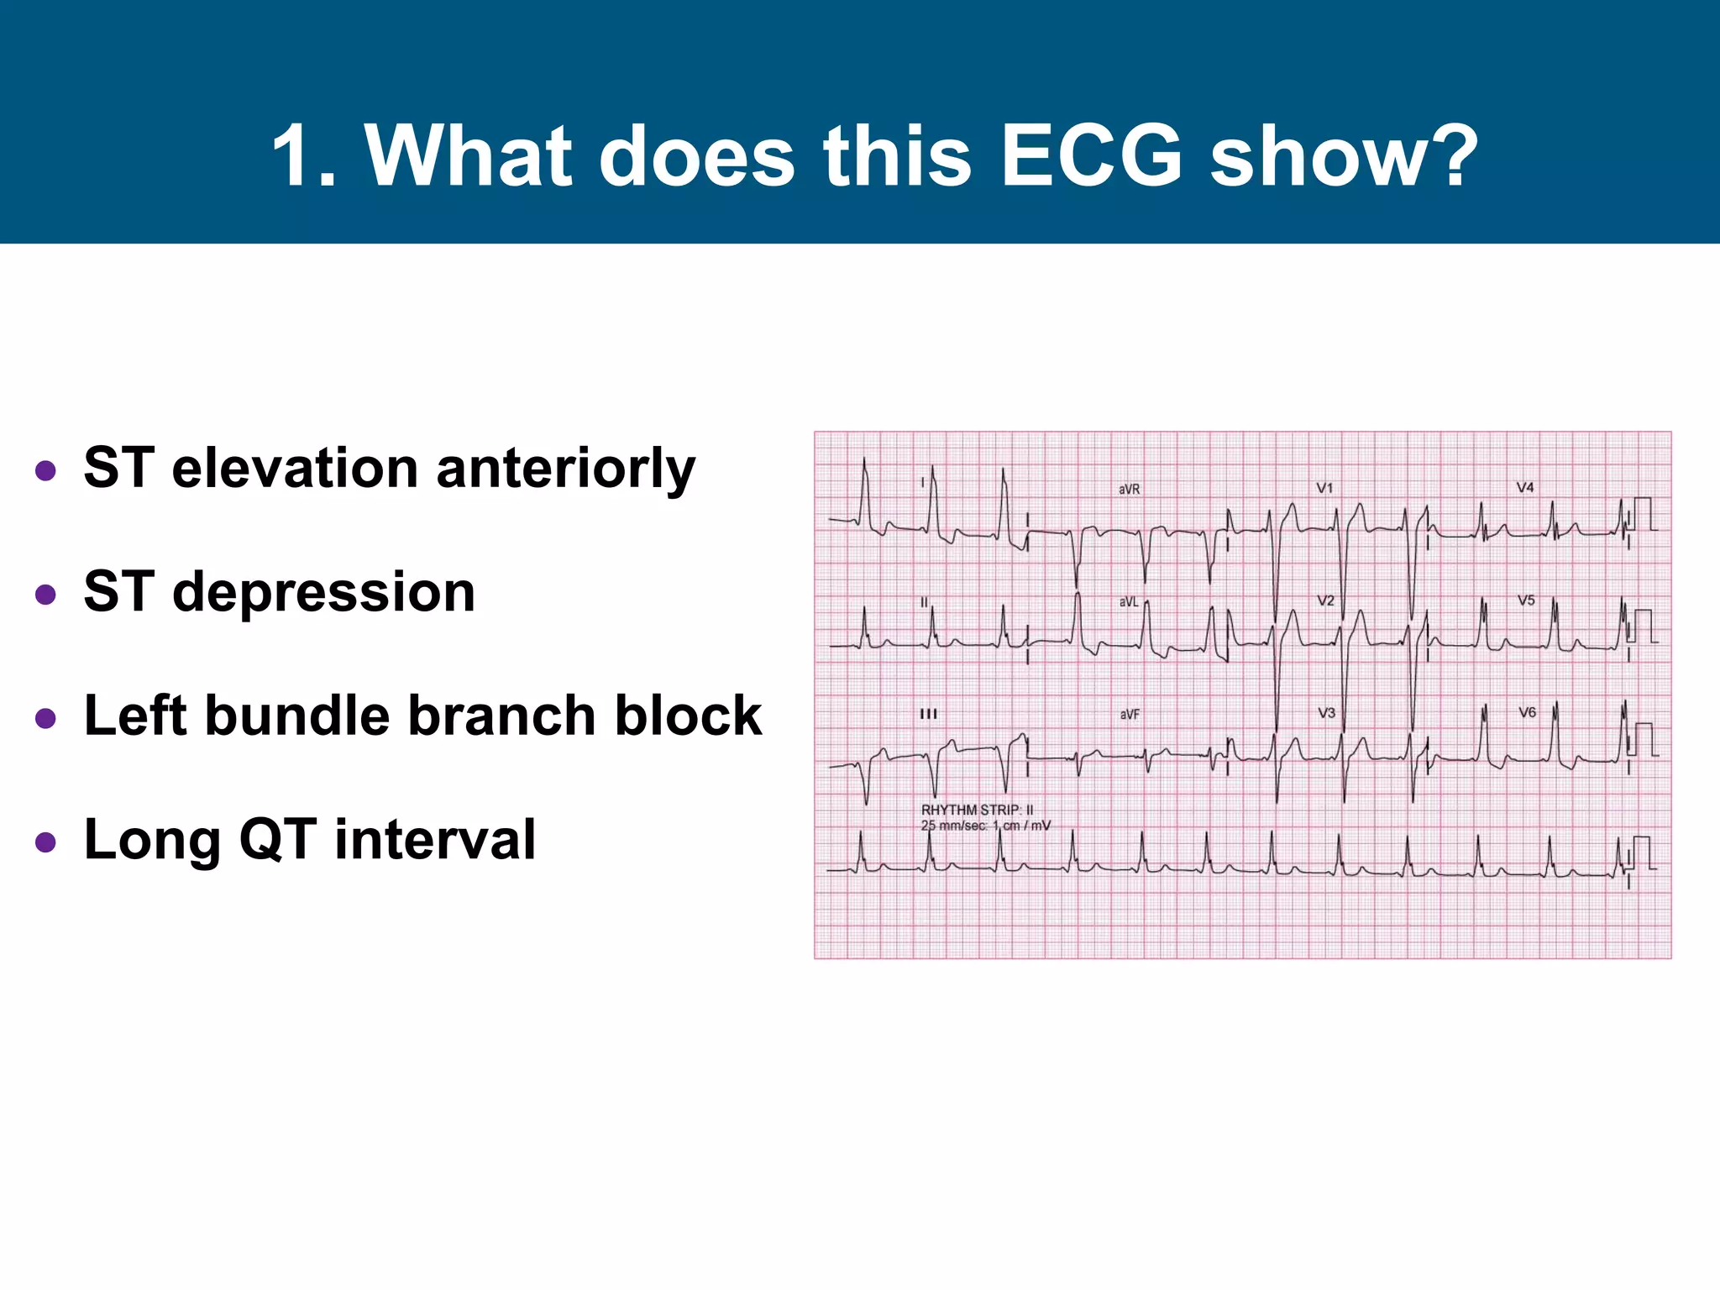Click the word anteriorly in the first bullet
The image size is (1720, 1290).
tap(565, 469)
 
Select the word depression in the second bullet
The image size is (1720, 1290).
tap(323, 592)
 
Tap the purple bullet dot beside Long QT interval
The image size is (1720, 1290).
tap(46, 842)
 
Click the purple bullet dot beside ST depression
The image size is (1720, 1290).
tap(46, 595)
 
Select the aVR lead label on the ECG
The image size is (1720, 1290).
tap(1129, 490)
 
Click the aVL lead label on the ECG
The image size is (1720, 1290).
tap(1129, 602)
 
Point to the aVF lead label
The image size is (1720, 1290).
tap(1130, 715)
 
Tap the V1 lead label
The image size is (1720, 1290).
tap(1324, 488)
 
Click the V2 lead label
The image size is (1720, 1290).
tap(1325, 600)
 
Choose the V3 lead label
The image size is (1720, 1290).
tap(1326, 713)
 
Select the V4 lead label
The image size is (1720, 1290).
tap(1525, 487)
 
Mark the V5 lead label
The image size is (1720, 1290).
tap(1526, 600)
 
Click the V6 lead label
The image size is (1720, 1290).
tap(1527, 712)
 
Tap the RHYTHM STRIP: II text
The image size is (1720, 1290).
tap(977, 810)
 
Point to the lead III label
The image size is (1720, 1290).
tap(928, 714)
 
